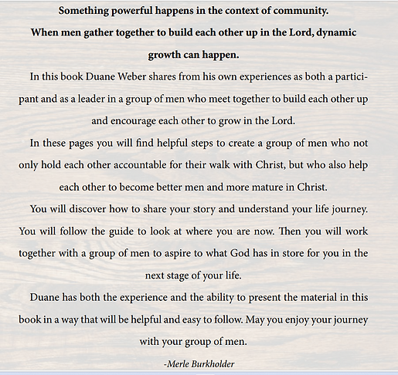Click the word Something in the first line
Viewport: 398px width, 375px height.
tap(87, 11)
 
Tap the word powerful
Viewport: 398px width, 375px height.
tap(144, 11)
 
